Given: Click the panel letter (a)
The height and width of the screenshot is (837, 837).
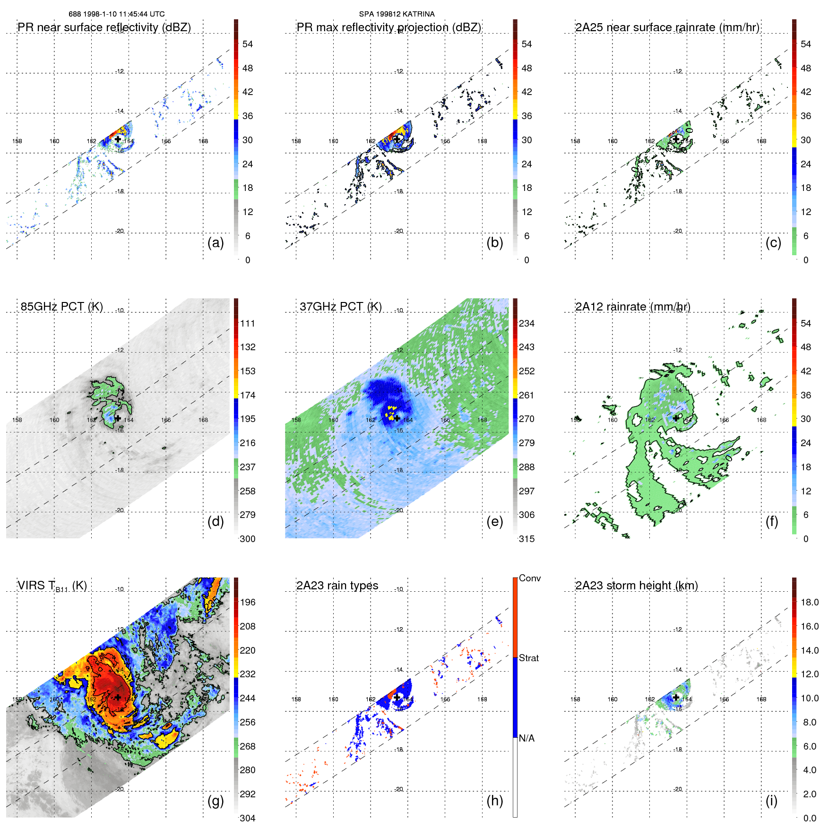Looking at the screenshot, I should [x=216, y=243].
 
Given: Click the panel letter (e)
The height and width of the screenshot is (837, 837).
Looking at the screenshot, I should [x=494, y=522].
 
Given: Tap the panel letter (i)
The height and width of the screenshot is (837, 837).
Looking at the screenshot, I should [x=771, y=801].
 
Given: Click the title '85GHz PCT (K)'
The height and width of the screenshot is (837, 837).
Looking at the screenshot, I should [x=61, y=307].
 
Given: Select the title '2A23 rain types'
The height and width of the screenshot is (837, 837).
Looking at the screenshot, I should [x=337, y=586].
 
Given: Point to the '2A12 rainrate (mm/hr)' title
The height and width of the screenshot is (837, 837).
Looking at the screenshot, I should [x=632, y=307].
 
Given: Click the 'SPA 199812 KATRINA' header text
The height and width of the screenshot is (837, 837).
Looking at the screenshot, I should [x=397, y=14].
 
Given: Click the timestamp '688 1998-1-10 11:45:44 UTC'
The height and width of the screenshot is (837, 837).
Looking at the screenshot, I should [x=117, y=14].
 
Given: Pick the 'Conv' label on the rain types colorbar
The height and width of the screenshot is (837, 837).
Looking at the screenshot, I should [x=529, y=578].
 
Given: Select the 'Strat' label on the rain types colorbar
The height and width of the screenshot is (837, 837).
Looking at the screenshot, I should [x=528, y=658].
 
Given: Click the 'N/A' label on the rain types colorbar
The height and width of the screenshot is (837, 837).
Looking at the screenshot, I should [x=526, y=738].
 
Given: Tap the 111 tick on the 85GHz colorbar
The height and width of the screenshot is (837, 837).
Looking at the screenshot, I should [x=248, y=323].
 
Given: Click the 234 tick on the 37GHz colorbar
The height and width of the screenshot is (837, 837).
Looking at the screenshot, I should [x=526, y=323].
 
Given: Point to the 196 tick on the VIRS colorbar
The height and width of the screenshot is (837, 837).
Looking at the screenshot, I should [x=248, y=602].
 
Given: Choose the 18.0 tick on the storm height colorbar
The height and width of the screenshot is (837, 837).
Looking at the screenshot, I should [x=810, y=602].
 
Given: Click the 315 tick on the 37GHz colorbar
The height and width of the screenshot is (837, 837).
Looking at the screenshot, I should [x=526, y=539].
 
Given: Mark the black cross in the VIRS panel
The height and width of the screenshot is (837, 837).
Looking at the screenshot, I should [x=118, y=697].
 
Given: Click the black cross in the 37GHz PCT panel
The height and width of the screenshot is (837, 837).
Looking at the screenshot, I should [x=397, y=418].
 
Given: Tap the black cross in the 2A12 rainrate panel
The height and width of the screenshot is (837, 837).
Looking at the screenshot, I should [x=676, y=418].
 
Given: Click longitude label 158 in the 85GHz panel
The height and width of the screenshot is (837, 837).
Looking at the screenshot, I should [x=17, y=420].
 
